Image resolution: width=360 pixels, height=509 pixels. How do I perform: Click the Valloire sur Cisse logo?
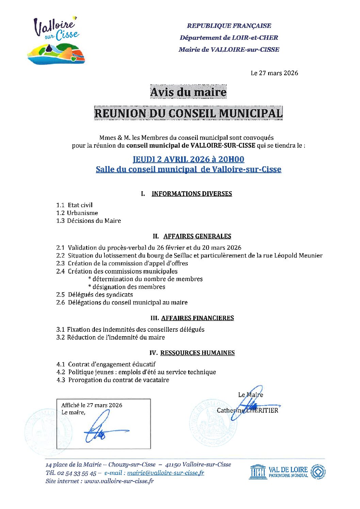(56, 41)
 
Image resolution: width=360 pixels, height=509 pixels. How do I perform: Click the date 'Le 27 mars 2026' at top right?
(274, 73)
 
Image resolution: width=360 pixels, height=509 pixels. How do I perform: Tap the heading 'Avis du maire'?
(188, 92)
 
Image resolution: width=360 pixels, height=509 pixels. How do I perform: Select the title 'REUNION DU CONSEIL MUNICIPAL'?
(188, 113)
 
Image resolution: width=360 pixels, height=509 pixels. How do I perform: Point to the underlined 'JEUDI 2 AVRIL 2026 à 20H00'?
(188, 159)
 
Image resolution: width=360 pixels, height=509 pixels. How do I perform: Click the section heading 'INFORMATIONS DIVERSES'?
(192, 194)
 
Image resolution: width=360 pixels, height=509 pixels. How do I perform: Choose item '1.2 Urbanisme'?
(77, 213)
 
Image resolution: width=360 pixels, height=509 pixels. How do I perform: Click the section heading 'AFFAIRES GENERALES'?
(197, 236)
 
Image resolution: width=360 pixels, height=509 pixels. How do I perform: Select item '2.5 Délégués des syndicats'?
(95, 295)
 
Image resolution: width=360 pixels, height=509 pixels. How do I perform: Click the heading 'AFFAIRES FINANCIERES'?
(197, 318)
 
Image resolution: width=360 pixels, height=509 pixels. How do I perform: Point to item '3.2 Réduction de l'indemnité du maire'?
(111, 338)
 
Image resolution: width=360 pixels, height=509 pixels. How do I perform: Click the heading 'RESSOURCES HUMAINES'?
(197, 353)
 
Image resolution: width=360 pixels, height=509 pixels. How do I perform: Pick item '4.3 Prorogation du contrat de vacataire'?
(113, 380)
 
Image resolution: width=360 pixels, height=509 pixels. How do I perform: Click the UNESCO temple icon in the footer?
(258, 472)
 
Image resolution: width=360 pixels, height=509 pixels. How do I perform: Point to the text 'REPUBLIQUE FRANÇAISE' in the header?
(229, 26)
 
